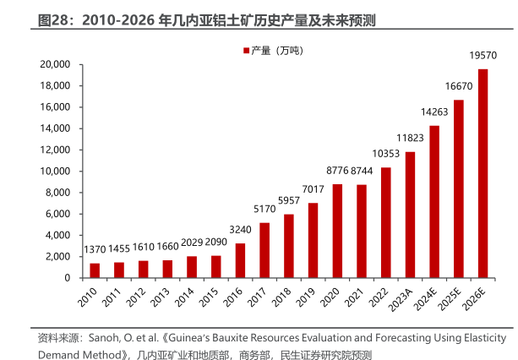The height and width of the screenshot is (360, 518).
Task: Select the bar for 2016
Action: (x=240, y=260)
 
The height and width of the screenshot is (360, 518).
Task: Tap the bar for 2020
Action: (x=337, y=231)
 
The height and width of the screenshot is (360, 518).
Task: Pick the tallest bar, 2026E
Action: (x=483, y=173)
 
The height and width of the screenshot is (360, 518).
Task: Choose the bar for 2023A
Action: (x=410, y=215)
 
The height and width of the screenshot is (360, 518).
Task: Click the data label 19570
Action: (x=483, y=56)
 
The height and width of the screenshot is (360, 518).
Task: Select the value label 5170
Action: (x=264, y=210)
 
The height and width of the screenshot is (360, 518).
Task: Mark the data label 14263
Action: (x=434, y=112)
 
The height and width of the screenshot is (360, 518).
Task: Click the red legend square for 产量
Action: (x=247, y=51)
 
